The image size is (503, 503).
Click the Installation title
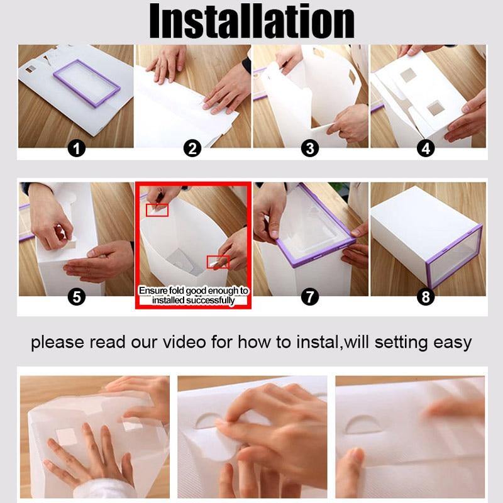[x=252, y=21]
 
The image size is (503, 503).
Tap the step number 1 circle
[x=77, y=148]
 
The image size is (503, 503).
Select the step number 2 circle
[x=192, y=148]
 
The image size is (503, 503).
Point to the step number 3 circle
[x=310, y=148]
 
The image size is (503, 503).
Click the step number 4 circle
[x=426, y=148]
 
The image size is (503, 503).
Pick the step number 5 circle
[x=77, y=297]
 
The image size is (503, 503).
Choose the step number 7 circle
[x=310, y=297]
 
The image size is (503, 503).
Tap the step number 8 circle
[x=426, y=297]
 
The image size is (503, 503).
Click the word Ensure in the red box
[x=153, y=290]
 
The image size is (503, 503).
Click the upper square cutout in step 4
[x=407, y=75]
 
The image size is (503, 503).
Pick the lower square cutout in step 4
[x=436, y=108]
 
